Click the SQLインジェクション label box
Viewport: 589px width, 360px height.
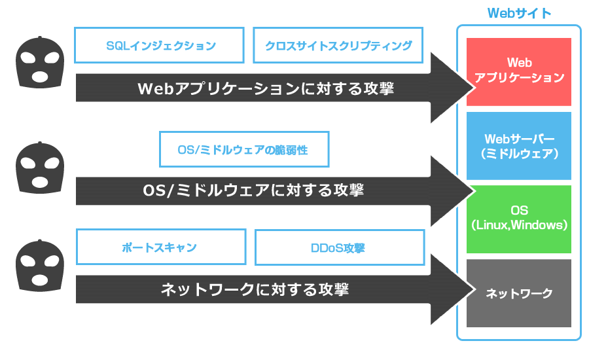[160, 45]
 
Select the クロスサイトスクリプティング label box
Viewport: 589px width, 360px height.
[338, 45]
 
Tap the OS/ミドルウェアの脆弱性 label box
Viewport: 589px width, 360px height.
[243, 150]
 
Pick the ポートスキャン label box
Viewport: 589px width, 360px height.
[160, 248]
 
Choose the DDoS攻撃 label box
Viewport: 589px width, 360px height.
[338, 248]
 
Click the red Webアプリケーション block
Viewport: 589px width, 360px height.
[519, 71]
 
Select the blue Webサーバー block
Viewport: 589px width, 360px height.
[519, 146]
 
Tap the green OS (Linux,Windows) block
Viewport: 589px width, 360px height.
[519, 219]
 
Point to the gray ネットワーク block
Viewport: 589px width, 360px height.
[519, 293]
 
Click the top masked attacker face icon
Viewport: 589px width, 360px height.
[40, 63]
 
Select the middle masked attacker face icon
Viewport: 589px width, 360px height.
[40, 168]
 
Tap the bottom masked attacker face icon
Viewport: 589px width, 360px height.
[40, 264]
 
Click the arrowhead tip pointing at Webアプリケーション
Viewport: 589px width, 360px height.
[470, 88]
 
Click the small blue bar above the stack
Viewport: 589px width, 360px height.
[519, 13]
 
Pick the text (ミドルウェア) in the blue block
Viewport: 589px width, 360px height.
[519, 154]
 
